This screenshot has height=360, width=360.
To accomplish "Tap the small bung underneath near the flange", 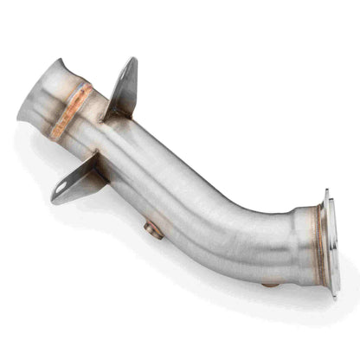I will tap(271, 283).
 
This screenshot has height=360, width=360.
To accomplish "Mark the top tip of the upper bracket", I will tap(133, 60).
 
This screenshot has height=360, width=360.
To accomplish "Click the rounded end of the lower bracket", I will tap(55, 197).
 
